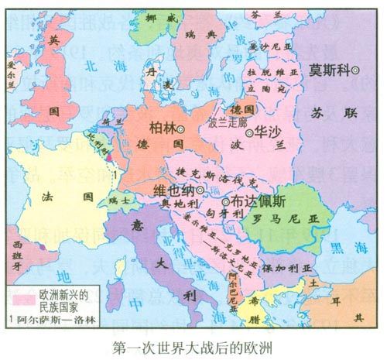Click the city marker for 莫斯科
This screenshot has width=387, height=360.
pos(356,70)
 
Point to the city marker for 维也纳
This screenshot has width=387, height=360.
pos(200,189)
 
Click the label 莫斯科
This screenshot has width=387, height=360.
pos(327,70)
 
